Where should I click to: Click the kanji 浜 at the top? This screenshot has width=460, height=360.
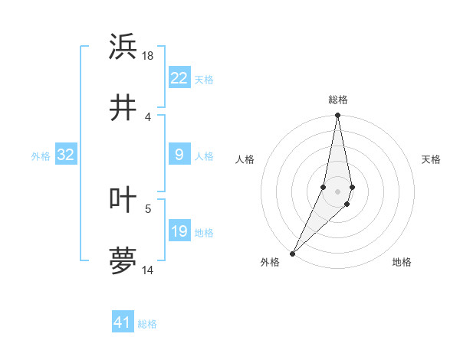point(123,47)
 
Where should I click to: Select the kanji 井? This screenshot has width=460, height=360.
point(123,107)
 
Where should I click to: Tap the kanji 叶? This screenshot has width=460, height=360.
point(123,199)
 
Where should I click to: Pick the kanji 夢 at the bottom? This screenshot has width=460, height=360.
point(123,260)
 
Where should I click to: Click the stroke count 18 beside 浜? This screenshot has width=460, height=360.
point(149,56)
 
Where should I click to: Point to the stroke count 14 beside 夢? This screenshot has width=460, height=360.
point(149,270)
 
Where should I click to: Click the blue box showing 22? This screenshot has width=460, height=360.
point(179,78)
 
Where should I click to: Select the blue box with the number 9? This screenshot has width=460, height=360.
point(179,155)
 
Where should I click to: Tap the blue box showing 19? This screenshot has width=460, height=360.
point(179,232)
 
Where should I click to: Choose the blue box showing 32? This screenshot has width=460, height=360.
point(65,155)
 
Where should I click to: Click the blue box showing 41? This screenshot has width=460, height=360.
point(123,322)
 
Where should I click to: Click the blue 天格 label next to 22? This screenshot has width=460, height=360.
point(204,79)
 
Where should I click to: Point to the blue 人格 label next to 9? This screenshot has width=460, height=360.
point(204,155)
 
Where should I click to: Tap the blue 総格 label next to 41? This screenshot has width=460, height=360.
point(147,324)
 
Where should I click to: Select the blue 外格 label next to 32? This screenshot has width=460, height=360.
point(41,155)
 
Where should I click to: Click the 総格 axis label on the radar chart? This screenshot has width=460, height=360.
point(338,100)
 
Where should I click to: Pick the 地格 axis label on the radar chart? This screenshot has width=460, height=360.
point(402,262)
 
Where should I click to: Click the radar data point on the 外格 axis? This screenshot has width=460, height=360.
point(292,253)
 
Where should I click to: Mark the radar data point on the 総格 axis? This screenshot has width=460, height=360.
point(337,116)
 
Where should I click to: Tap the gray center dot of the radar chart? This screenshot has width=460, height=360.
point(337,191)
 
